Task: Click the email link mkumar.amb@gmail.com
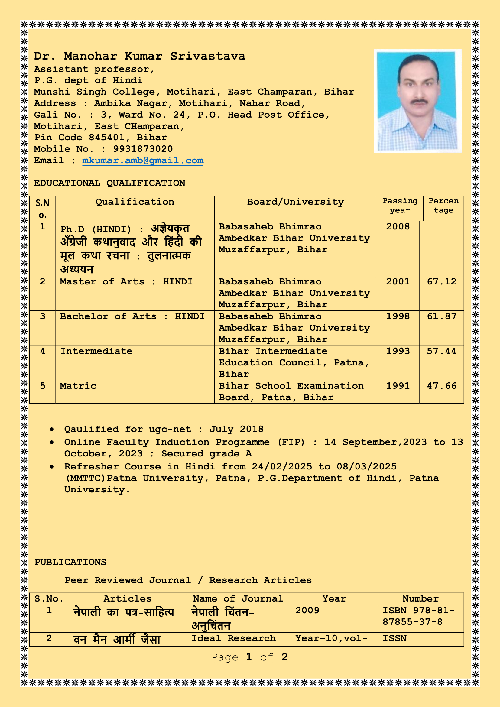143,161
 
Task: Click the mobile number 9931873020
143,149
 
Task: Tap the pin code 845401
107,138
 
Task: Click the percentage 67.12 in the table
441,281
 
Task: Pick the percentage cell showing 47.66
441,386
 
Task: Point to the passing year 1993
398,351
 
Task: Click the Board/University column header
295,202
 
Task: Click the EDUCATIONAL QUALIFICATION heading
110,183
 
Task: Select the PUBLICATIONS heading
70,562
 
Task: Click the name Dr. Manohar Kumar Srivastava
139,56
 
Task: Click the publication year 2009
307,610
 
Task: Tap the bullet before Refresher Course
52,467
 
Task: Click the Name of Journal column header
238,598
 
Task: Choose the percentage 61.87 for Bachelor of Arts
441,316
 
